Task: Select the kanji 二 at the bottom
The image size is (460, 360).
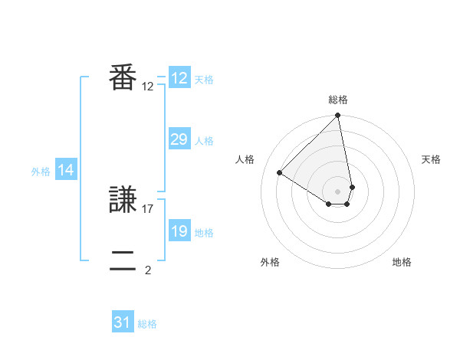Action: (123, 260)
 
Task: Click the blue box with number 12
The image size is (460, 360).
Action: (179, 78)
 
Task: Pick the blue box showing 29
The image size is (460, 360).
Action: (179, 139)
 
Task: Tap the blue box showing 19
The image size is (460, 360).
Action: (179, 231)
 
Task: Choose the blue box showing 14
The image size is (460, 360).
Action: (66, 171)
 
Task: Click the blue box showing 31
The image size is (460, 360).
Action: (123, 322)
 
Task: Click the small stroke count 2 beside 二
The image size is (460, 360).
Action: (148, 270)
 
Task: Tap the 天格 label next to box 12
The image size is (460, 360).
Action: (204, 80)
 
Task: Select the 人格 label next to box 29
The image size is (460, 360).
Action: (204, 141)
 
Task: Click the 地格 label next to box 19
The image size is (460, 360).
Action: (204, 233)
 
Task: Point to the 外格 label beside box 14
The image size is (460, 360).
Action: (41, 172)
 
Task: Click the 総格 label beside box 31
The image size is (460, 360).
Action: (147, 324)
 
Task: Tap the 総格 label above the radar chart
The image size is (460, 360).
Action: (338, 100)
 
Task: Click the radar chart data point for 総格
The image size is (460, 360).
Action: (338, 116)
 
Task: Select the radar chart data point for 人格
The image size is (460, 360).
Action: (280, 172)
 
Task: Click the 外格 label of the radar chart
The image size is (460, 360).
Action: (270, 262)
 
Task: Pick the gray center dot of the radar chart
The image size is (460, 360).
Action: (338, 191)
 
